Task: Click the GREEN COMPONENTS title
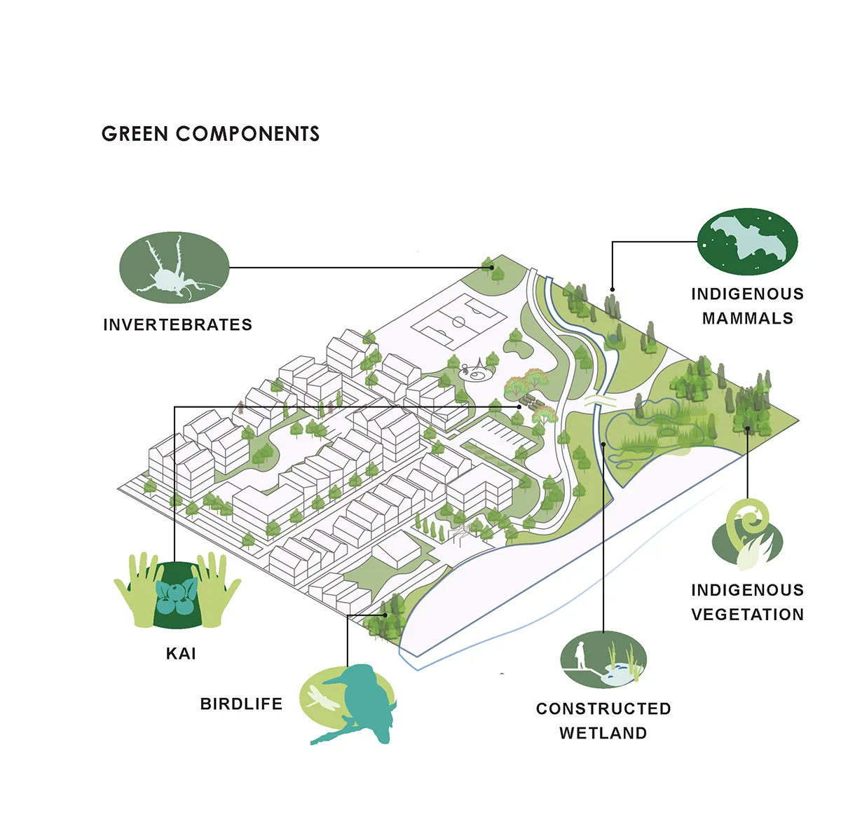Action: pyautogui.click(x=210, y=134)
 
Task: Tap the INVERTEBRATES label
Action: pyautogui.click(x=177, y=324)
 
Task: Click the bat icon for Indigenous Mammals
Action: pyautogui.click(x=747, y=242)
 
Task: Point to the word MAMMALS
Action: pyautogui.click(x=748, y=318)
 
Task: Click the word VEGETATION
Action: pyautogui.click(x=748, y=615)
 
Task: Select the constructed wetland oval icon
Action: pyautogui.click(x=603, y=659)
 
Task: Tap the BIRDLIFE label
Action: pyautogui.click(x=241, y=704)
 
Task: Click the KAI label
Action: pyautogui.click(x=181, y=654)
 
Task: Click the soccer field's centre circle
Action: pyautogui.click(x=458, y=322)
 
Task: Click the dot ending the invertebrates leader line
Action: pyautogui.click(x=491, y=268)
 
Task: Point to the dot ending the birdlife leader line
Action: pyautogui.click(x=385, y=615)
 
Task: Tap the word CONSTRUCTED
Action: pyautogui.click(x=603, y=708)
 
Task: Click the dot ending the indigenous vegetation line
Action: pyautogui.click(x=747, y=428)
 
